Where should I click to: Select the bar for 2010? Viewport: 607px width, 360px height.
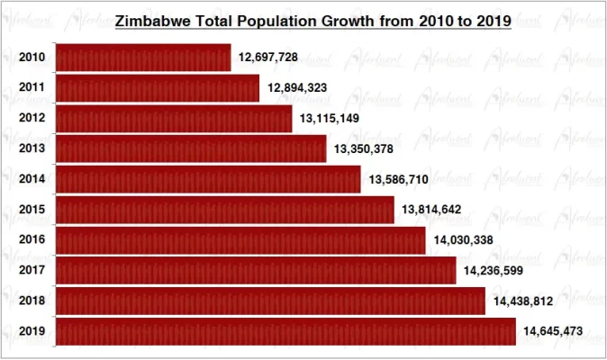click(x=143, y=58)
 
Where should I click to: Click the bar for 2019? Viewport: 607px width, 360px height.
click(x=285, y=331)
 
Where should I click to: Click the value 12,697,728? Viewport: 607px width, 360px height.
click(x=268, y=58)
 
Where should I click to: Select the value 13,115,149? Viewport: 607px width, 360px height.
click(x=331, y=119)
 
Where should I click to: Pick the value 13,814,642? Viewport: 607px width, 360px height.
click(x=432, y=210)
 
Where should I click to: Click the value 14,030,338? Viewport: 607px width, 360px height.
click(x=464, y=240)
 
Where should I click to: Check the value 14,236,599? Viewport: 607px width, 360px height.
click(x=494, y=271)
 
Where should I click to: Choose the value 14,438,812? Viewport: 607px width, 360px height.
click(x=524, y=301)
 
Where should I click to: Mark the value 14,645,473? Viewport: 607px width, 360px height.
click(x=554, y=332)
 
